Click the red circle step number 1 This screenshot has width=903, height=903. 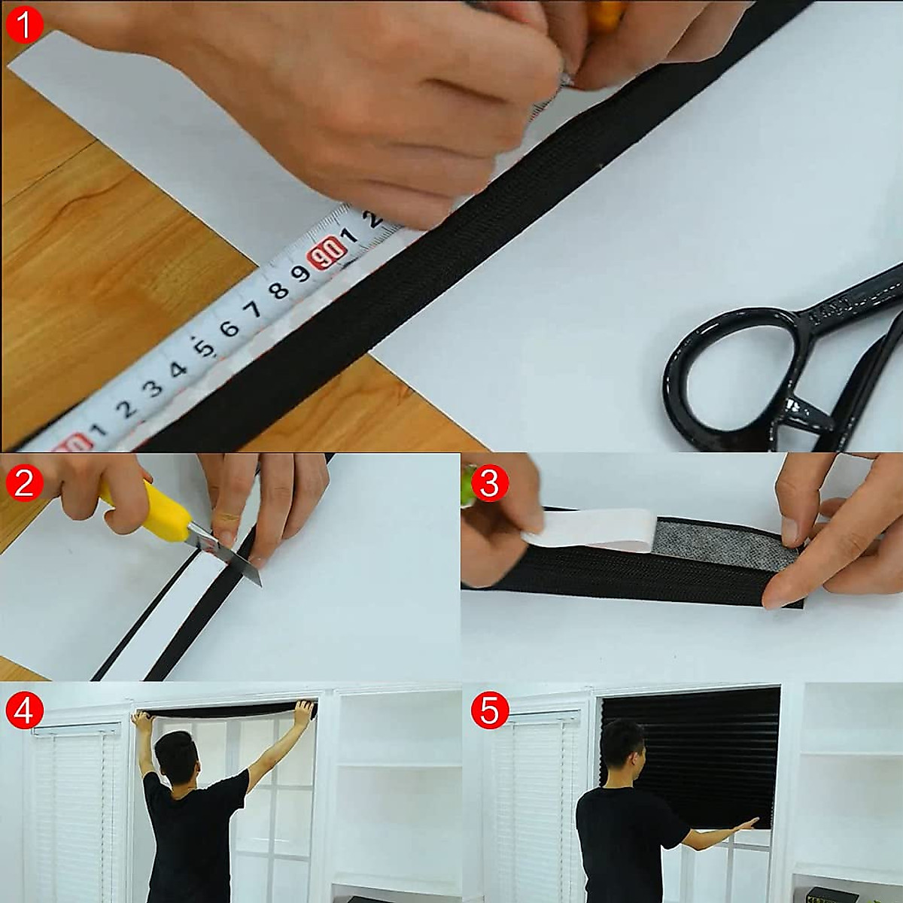coord(24,25)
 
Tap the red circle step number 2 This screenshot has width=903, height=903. coord(24,482)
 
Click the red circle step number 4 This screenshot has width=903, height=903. coord(24,711)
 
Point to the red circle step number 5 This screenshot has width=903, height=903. coord(489,711)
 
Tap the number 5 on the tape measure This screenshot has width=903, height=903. coord(202,348)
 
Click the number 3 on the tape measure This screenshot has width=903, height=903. coord(153,388)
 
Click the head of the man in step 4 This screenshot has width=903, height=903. coord(175,752)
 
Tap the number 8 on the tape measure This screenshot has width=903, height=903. coord(278,290)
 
